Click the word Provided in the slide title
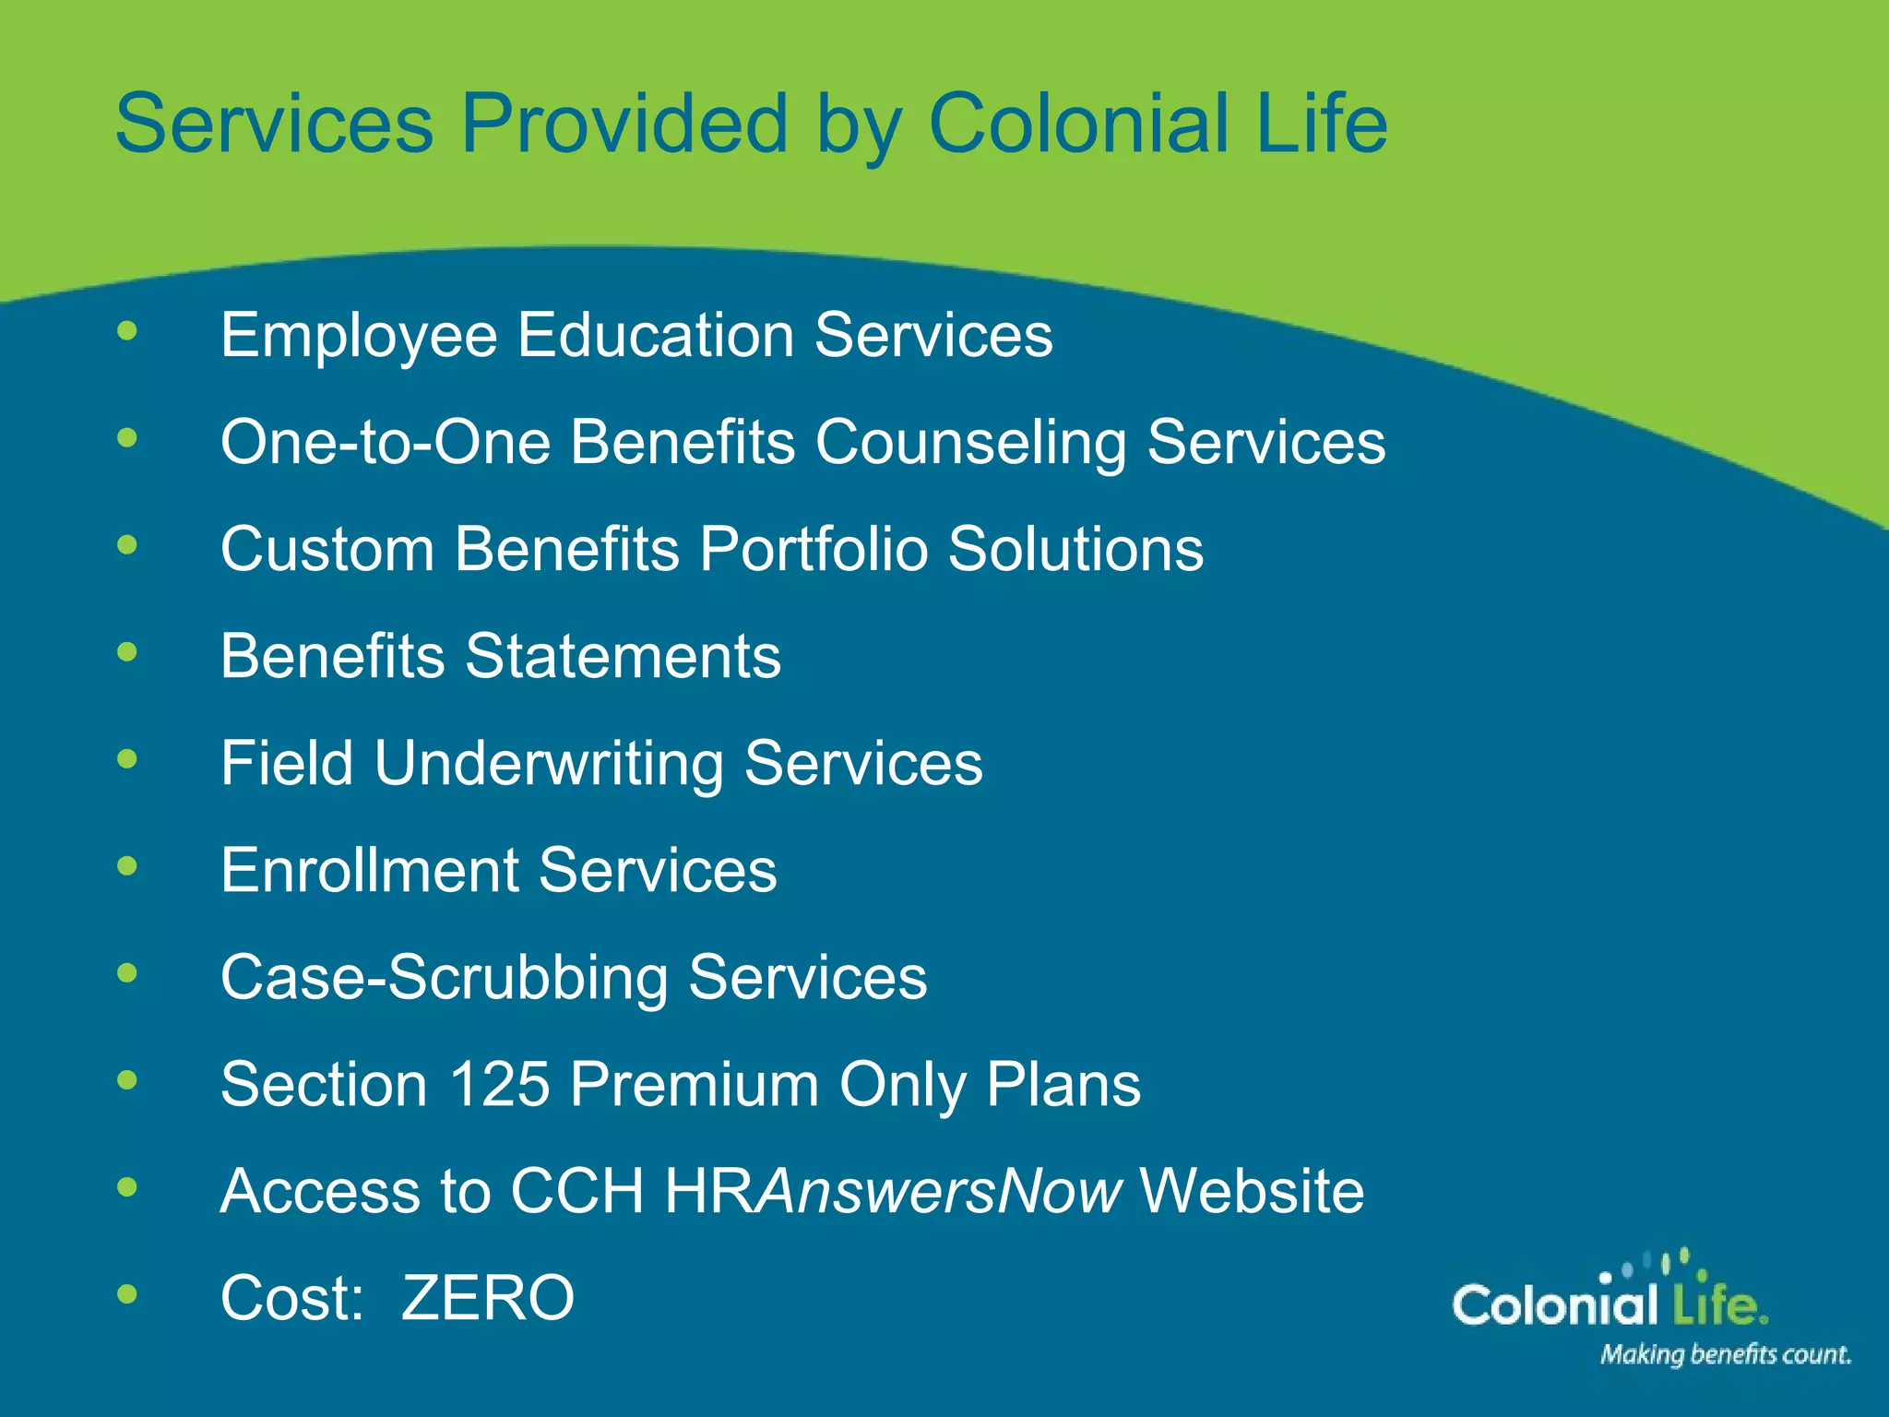pos(624,124)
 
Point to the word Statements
pos(623,657)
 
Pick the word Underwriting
pos(549,765)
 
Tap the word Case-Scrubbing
pos(444,978)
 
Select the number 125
pos(499,1084)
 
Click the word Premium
pos(694,1084)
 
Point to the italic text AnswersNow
pos(939,1191)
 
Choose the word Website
pos(1252,1191)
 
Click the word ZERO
pos(488,1298)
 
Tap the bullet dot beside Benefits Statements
pos(127,653)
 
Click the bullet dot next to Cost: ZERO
pos(127,1294)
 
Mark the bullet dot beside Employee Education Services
pos(127,331)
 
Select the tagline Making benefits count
pos(1725,1354)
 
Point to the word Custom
pos(327,550)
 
